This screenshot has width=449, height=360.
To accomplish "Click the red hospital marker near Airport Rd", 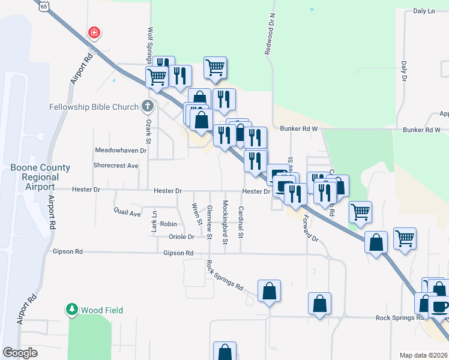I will [94, 32].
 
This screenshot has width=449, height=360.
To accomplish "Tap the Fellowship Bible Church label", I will [95, 107].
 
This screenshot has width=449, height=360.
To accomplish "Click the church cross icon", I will [148, 107].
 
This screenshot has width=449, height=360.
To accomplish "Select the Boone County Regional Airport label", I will [40, 177].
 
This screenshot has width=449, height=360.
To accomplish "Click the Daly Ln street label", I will [424, 11].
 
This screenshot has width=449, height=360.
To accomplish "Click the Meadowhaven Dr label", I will [121, 150].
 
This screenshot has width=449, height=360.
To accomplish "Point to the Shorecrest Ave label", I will [116, 165].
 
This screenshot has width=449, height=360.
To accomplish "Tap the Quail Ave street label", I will [127, 212].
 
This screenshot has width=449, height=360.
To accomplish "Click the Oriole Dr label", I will [181, 237].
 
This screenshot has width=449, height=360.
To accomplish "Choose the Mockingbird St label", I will [225, 223].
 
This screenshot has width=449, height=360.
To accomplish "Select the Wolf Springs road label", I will [148, 45].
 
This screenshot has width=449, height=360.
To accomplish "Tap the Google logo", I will [20, 353].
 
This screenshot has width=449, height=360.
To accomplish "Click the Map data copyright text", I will [423, 355].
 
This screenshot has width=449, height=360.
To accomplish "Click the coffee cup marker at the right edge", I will [439, 306].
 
